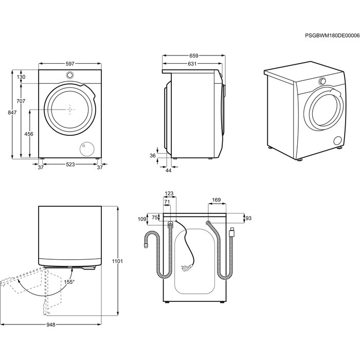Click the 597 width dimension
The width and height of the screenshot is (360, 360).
[70, 64]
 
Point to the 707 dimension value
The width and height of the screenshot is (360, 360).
[20, 101]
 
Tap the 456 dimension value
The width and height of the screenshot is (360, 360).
[29, 134]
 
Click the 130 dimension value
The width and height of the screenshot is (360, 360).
[21, 77]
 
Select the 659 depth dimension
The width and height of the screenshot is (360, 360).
[193, 55]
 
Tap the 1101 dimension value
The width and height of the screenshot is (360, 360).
[118, 262]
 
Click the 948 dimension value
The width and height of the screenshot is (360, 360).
[51, 325]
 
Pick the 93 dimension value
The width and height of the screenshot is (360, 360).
[248, 219]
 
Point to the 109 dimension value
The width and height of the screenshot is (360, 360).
[143, 219]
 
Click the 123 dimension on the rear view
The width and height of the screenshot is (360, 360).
[169, 194]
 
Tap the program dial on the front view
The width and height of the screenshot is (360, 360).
[70, 76]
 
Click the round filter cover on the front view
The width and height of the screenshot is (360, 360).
[85, 149]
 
